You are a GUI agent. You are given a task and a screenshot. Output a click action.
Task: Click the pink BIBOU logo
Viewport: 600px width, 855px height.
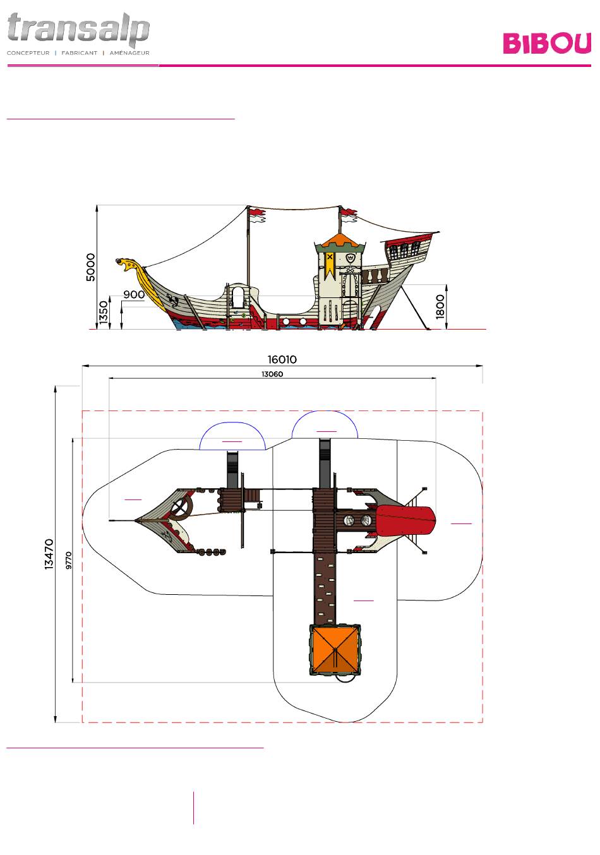tap(546, 43)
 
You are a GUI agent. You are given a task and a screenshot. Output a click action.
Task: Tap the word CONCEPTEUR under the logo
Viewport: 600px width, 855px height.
tap(28, 53)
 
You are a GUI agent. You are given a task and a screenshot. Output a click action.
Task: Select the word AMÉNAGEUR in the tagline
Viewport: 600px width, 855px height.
tap(129, 53)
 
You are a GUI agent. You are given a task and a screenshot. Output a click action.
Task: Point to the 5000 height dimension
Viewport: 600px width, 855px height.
tap(90, 267)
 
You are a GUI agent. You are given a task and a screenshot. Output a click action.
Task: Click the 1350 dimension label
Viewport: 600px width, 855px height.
tap(104, 313)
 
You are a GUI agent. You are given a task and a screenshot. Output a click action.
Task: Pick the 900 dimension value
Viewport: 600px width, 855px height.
tap(134, 294)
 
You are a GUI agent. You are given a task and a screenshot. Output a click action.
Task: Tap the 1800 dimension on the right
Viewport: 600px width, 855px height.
tap(440, 306)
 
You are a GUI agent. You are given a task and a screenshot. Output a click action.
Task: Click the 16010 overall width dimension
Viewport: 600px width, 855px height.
tap(282, 359)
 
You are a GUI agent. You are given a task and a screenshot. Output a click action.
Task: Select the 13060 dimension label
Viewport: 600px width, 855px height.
tap(272, 374)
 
